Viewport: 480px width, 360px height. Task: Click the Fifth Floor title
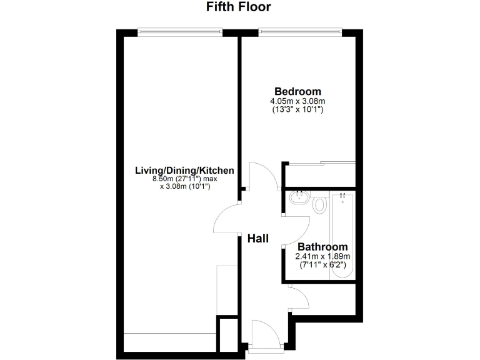pos(239,8)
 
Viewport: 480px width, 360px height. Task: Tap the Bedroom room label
pos(297,91)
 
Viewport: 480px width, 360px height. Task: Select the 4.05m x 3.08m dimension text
pos(297,101)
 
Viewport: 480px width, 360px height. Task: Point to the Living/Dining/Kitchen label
pos(185,170)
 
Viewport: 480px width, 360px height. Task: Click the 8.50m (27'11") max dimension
pos(185,179)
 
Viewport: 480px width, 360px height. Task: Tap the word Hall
pos(257,238)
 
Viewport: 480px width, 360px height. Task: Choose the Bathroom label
pos(322,247)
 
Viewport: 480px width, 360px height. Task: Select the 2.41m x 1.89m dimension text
pos(322,256)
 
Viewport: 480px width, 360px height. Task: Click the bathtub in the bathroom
pos(343,234)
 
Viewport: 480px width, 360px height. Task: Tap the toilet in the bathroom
pos(320,203)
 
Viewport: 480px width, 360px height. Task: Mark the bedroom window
pos(301,29)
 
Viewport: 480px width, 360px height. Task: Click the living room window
pos(180,29)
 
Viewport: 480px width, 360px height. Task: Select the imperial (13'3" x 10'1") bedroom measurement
pos(297,109)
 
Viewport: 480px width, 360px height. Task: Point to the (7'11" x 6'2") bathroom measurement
pos(322,264)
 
